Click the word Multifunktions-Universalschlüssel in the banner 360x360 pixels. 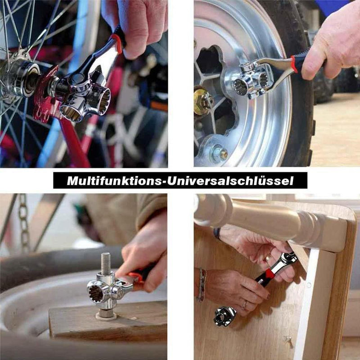(180, 181)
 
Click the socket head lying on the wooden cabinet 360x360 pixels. (225, 316)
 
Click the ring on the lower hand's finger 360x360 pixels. (245, 305)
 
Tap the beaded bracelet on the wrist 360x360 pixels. (202, 284)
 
